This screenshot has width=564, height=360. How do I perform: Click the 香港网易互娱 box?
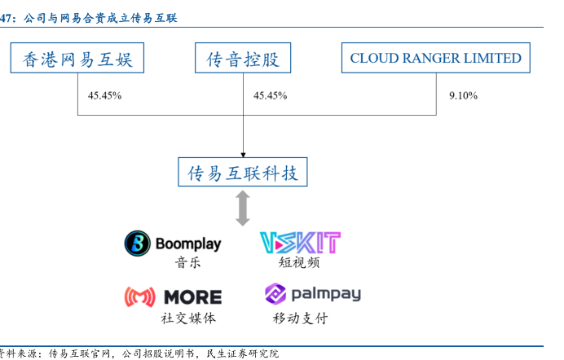click(x=77, y=59)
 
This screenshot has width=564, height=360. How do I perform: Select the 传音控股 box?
click(x=243, y=59)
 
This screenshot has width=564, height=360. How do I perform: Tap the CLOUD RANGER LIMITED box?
click(x=435, y=59)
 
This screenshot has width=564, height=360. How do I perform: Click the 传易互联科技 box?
click(x=243, y=173)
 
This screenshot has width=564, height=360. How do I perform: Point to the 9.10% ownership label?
click(x=462, y=96)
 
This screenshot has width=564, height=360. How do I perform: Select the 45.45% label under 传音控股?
click(x=270, y=96)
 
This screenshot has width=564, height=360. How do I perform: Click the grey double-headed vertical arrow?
click(x=243, y=209)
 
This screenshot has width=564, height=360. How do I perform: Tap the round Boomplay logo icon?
click(x=137, y=243)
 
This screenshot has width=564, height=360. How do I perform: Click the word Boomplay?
click(x=187, y=244)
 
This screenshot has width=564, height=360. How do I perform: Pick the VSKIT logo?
click(x=299, y=242)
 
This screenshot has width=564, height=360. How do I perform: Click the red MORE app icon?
click(x=140, y=296)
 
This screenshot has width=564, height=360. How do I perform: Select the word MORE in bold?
click(x=192, y=297)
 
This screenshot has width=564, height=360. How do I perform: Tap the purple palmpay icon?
click(x=275, y=294)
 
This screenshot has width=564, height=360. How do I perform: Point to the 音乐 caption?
click(x=187, y=263)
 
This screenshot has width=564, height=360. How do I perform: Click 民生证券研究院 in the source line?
click(x=242, y=353)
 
